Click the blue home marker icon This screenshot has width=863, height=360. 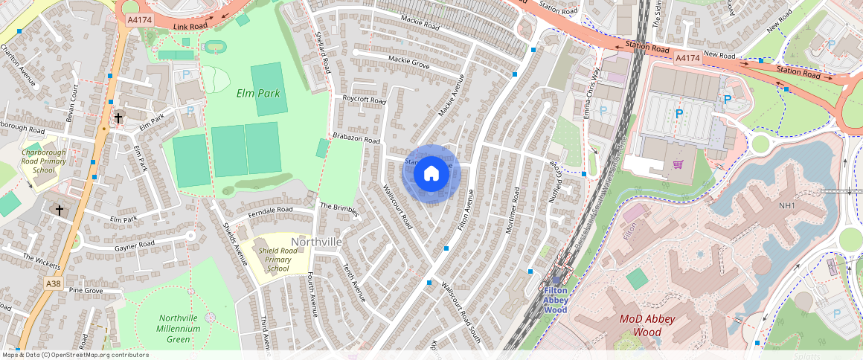click(x=431, y=174)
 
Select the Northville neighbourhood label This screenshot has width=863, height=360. click(x=316, y=242)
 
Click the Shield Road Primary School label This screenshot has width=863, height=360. click(x=277, y=260)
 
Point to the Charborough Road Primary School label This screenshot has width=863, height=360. click(x=44, y=161)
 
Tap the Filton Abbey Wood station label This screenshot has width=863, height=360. click(x=556, y=300)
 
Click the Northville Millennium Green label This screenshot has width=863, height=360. click(x=179, y=328)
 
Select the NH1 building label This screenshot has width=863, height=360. click(x=788, y=205)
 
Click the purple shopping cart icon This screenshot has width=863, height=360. click(x=678, y=164)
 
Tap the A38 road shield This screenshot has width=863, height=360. click(x=53, y=283)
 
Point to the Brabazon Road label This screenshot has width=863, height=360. click(x=356, y=139)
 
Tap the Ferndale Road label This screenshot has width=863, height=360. click(x=271, y=211)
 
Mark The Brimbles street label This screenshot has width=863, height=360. click(x=339, y=209)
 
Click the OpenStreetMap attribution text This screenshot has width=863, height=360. click(x=75, y=355)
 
